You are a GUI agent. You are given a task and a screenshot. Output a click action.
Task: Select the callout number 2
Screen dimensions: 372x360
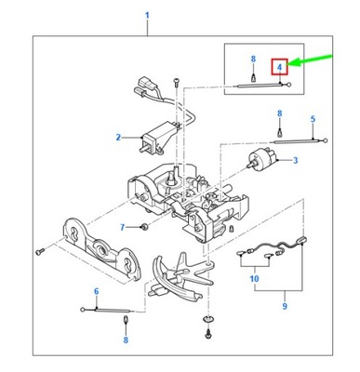[118, 138]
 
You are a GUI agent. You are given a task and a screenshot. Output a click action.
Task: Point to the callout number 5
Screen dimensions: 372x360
[313, 119]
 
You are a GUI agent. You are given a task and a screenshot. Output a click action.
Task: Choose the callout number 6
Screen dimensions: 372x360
[96, 292]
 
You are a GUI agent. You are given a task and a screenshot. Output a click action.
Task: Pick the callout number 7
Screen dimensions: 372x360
[122, 227]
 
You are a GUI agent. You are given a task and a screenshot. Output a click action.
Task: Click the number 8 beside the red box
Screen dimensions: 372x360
[252, 60]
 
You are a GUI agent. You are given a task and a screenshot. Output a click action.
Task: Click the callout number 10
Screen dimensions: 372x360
[253, 278]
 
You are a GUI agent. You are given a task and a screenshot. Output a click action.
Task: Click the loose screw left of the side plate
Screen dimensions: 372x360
[39, 249]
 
